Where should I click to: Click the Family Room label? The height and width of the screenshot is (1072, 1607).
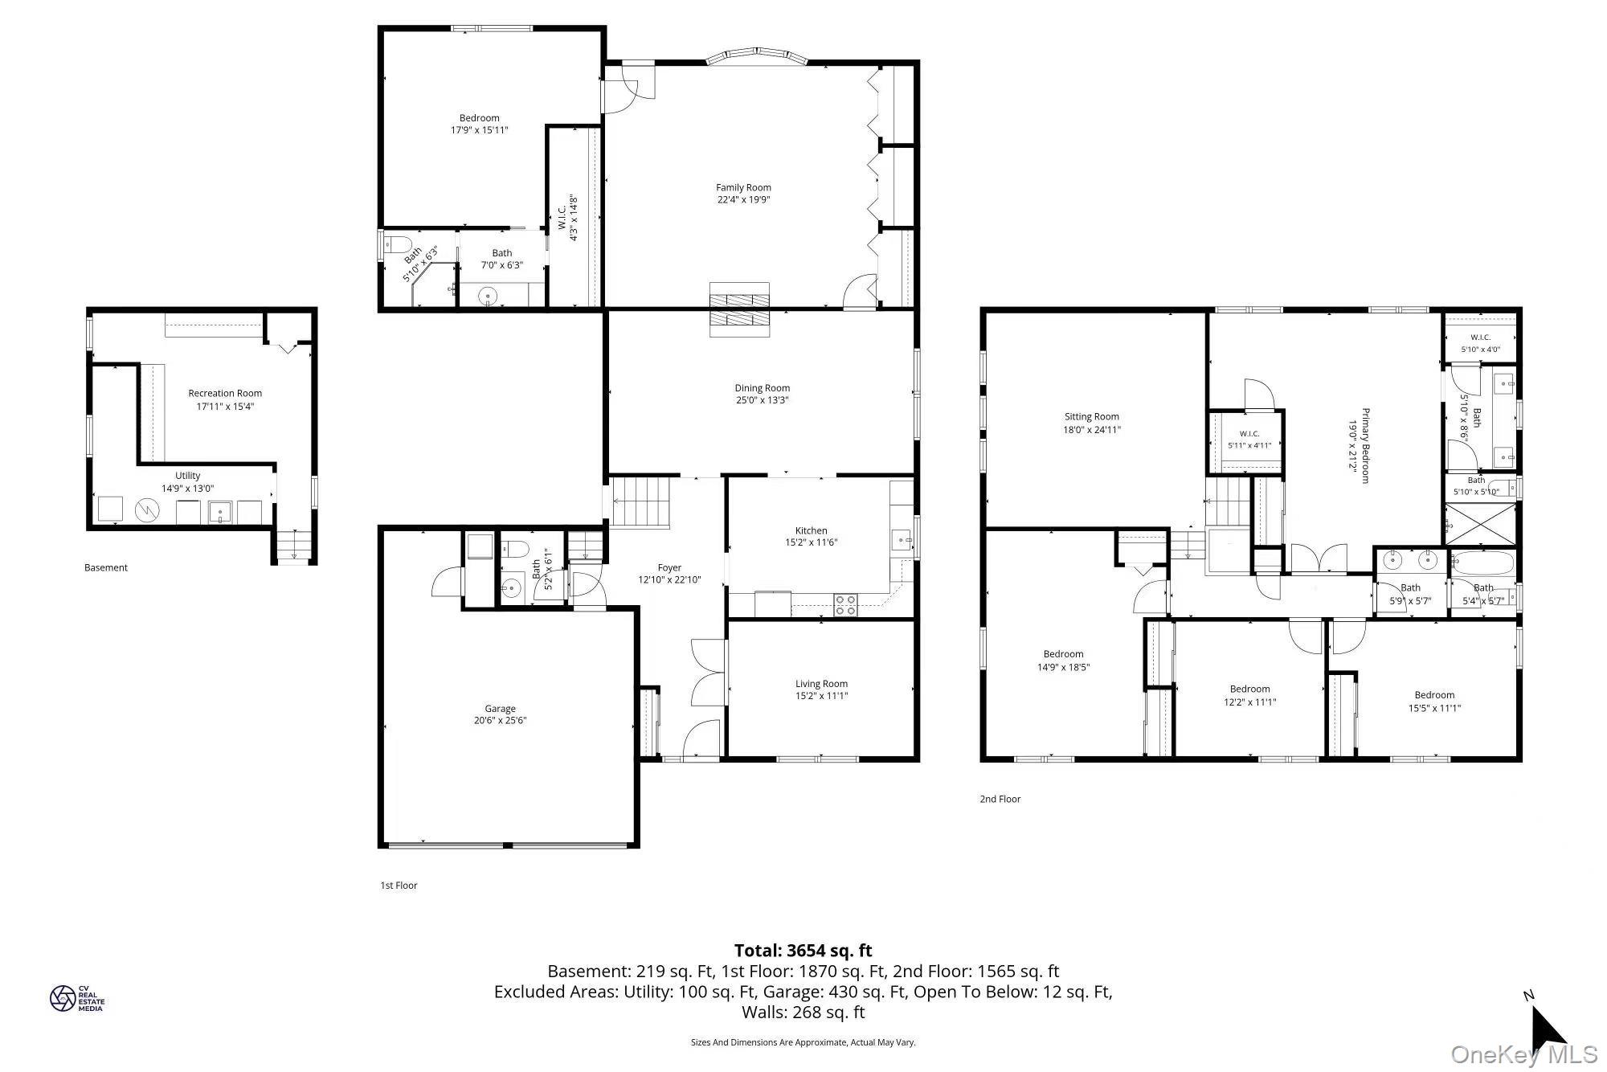click(x=743, y=187)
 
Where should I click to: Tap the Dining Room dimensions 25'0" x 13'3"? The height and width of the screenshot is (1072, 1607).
click(x=763, y=400)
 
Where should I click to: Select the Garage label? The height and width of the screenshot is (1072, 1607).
click(x=500, y=709)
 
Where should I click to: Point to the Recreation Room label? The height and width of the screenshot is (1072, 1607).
click(x=225, y=393)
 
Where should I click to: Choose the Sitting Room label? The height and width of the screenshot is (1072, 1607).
click(x=1091, y=416)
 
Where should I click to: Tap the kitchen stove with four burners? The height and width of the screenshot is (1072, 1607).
click(x=845, y=604)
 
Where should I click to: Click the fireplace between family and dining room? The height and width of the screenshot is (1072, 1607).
click(x=739, y=309)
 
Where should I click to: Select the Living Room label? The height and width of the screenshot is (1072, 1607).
click(x=821, y=684)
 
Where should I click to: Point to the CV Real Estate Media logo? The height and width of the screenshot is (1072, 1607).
click(x=77, y=998)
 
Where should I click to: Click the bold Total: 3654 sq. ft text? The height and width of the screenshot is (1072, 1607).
click(x=803, y=951)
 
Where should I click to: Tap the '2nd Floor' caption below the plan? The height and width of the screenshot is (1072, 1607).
click(x=1000, y=799)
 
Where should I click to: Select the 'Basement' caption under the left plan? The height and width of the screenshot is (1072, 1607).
click(x=106, y=567)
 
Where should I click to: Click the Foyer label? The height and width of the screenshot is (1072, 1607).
click(x=669, y=567)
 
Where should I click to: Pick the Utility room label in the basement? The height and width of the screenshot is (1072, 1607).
click(x=187, y=476)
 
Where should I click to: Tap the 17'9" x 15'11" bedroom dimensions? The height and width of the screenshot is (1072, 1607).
click(x=480, y=130)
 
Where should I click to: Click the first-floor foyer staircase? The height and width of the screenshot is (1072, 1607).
click(x=641, y=502)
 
